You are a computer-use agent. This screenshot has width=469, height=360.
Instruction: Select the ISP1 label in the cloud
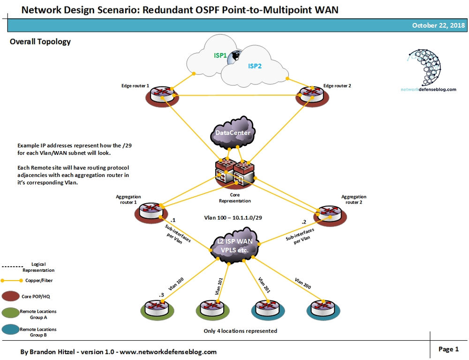click(220, 55)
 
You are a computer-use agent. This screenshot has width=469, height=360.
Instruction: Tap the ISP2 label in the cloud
click(255, 66)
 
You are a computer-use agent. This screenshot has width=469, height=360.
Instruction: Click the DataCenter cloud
click(233, 133)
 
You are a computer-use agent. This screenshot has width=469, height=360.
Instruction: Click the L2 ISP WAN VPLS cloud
click(234, 245)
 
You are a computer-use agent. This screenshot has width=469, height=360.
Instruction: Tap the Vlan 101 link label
click(219, 286)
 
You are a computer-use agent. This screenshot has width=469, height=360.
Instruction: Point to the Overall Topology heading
click(40, 42)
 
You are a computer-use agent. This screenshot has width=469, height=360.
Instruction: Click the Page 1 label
click(449, 349)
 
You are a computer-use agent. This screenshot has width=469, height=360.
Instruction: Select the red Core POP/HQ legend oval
click(10, 297)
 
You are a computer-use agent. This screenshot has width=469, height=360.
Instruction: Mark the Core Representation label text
click(235, 198)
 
